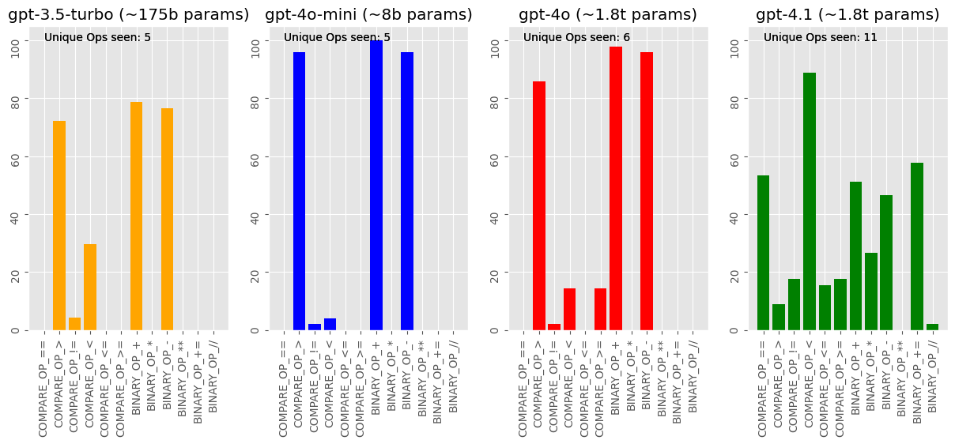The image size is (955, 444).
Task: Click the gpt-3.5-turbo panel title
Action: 129,15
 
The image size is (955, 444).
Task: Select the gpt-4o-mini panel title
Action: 368,15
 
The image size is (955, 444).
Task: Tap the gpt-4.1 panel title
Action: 847,15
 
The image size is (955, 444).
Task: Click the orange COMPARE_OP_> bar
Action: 59,225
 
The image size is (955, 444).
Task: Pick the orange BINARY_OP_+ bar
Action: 136,216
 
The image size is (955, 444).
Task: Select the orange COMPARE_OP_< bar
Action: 90,288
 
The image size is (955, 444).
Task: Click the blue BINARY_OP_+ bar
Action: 376,185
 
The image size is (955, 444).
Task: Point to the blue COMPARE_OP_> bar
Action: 299,191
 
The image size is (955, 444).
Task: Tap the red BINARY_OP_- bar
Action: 647,191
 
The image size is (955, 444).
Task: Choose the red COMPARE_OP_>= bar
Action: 600,309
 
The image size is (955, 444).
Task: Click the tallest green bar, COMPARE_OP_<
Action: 810,201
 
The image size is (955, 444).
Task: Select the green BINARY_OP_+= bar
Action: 917,246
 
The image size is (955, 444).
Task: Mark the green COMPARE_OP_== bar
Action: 763,253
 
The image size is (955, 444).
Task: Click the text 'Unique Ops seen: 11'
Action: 821,38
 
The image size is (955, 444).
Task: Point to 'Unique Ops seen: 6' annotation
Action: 577,38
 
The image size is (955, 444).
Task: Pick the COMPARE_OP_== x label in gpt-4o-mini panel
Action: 284,389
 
